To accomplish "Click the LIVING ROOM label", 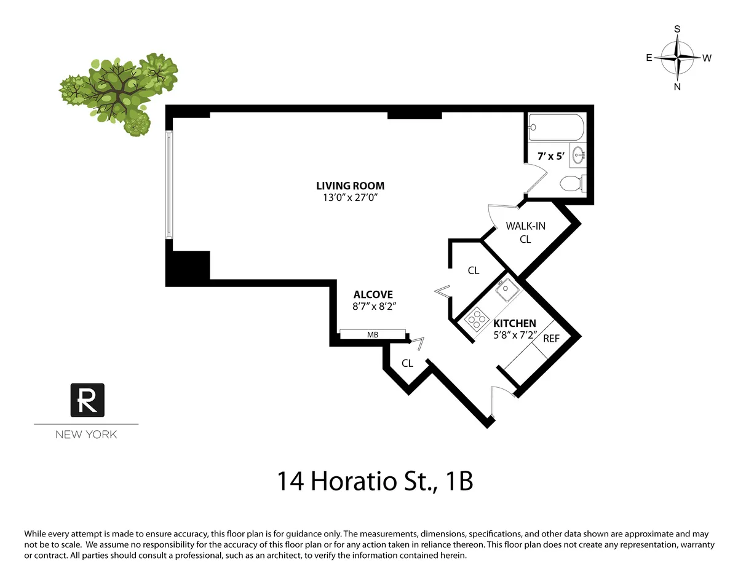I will pyautogui.click(x=350, y=186).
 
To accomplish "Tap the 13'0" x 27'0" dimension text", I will pyautogui.click(x=350, y=197).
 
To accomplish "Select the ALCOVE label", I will pyautogui.click(x=373, y=295).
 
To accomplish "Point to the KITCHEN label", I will pyautogui.click(x=515, y=323).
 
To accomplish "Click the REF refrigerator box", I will pyautogui.click(x=551, y=339).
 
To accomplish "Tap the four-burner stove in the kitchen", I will pyautogui.click(x=477, y=318).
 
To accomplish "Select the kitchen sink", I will pyautogui.click(x=507, y=290).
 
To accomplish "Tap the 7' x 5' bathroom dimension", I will pyautogui.click(x=551, y=157).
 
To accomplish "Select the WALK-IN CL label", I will pyautogui.click(x=525, y=232).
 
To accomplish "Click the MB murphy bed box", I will pyautogui.click(x=373, y=334).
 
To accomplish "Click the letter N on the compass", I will pyautogui.click(x=677, y=87).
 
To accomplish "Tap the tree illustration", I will pyautogui.click(x=119, y=92).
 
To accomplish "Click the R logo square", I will pyautogui.click(x=87, y=400).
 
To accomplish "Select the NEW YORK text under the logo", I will pyautogui.click(x=86, y=434).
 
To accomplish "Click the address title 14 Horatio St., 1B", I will pyautogui.click(x=375, y=481).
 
